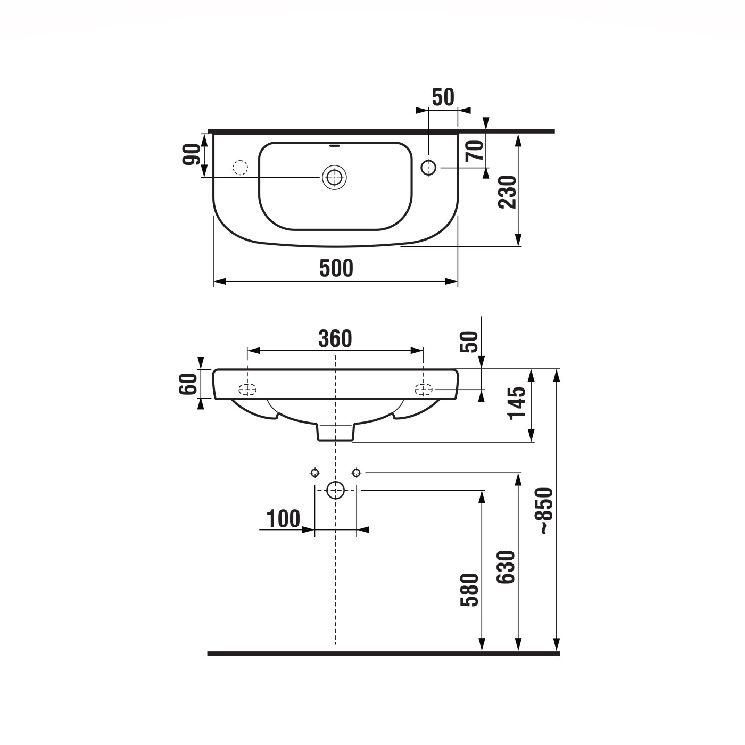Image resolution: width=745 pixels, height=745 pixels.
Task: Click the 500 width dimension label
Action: point(336,268)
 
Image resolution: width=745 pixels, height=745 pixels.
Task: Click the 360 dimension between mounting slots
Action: point(335,338)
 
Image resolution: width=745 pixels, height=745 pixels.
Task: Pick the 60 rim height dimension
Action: point(188,383)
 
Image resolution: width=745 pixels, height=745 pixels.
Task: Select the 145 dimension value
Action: point(517,402)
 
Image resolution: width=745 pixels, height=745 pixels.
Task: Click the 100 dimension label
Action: point(283,518)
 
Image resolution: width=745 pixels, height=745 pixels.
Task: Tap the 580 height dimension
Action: point(470,590)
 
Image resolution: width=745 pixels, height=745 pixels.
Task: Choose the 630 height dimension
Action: point(507,567)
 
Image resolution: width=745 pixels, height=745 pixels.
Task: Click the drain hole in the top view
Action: point(334,177)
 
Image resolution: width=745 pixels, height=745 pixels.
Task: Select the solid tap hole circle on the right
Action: point(428,168)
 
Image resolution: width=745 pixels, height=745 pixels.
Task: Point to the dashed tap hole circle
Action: point(241,168)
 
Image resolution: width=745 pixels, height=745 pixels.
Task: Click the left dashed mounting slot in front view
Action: point(247,390)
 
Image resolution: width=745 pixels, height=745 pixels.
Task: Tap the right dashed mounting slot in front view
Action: point(424,390)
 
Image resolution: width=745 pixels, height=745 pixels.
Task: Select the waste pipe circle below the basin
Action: point(335,490)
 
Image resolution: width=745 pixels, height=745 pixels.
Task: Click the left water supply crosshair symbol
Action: point(315,473)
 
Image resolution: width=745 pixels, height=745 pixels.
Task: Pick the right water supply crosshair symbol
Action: point(356,473)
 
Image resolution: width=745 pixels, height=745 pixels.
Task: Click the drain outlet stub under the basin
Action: point(335,432)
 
